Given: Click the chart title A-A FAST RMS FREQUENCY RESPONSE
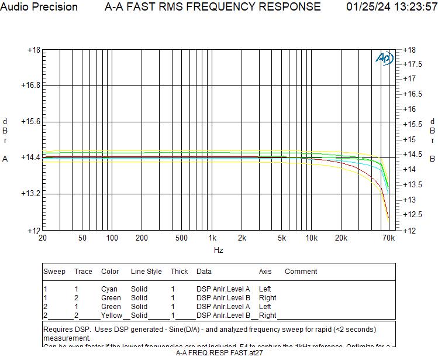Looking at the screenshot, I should coord(212,7).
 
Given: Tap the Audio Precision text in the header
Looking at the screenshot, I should coord(39,7).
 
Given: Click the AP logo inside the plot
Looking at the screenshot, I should coord(384,59).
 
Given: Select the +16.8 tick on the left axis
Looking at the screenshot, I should coord(30,85).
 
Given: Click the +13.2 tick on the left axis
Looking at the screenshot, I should coord(30,193).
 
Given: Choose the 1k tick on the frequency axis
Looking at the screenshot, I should coord(212,238).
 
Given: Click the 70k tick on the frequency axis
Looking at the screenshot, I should coord(388,238).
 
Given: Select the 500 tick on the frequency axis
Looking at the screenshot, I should coord(182,238).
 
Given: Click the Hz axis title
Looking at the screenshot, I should coord(218,251).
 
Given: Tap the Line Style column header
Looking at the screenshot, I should coord(146,272).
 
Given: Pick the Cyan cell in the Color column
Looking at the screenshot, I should coord(109,289).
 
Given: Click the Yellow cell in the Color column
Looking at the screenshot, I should coord(111,316).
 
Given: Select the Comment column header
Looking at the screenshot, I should coord(301,272).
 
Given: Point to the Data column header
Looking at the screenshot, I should coord(204,272).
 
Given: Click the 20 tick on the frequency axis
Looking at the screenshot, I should coord(43,238).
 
